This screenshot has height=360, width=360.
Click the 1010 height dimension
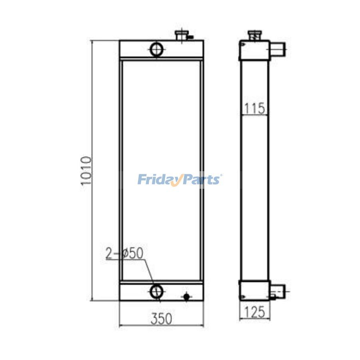pyautogui.click(x=86, y=170)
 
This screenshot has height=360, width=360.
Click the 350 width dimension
pyautogui.click(x=162, y=318)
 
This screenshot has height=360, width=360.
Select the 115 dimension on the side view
pyautogui.click(x=254, y=108)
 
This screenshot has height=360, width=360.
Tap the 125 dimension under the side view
pyautogui.click(x=255, y=312)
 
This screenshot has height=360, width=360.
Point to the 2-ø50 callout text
pyautogui.click(x=124, y=253)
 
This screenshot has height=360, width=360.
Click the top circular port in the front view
pyautogui.click(x=156, y=49)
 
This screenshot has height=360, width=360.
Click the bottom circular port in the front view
pyautogui.click(x=156, y=292)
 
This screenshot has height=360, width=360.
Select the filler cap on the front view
pyautogui.click(x=182, y=35)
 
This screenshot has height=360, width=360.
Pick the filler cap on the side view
pyautogui.click(x=255, y=35)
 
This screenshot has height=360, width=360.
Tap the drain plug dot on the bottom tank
pyautogui.click(x=186, y=297)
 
